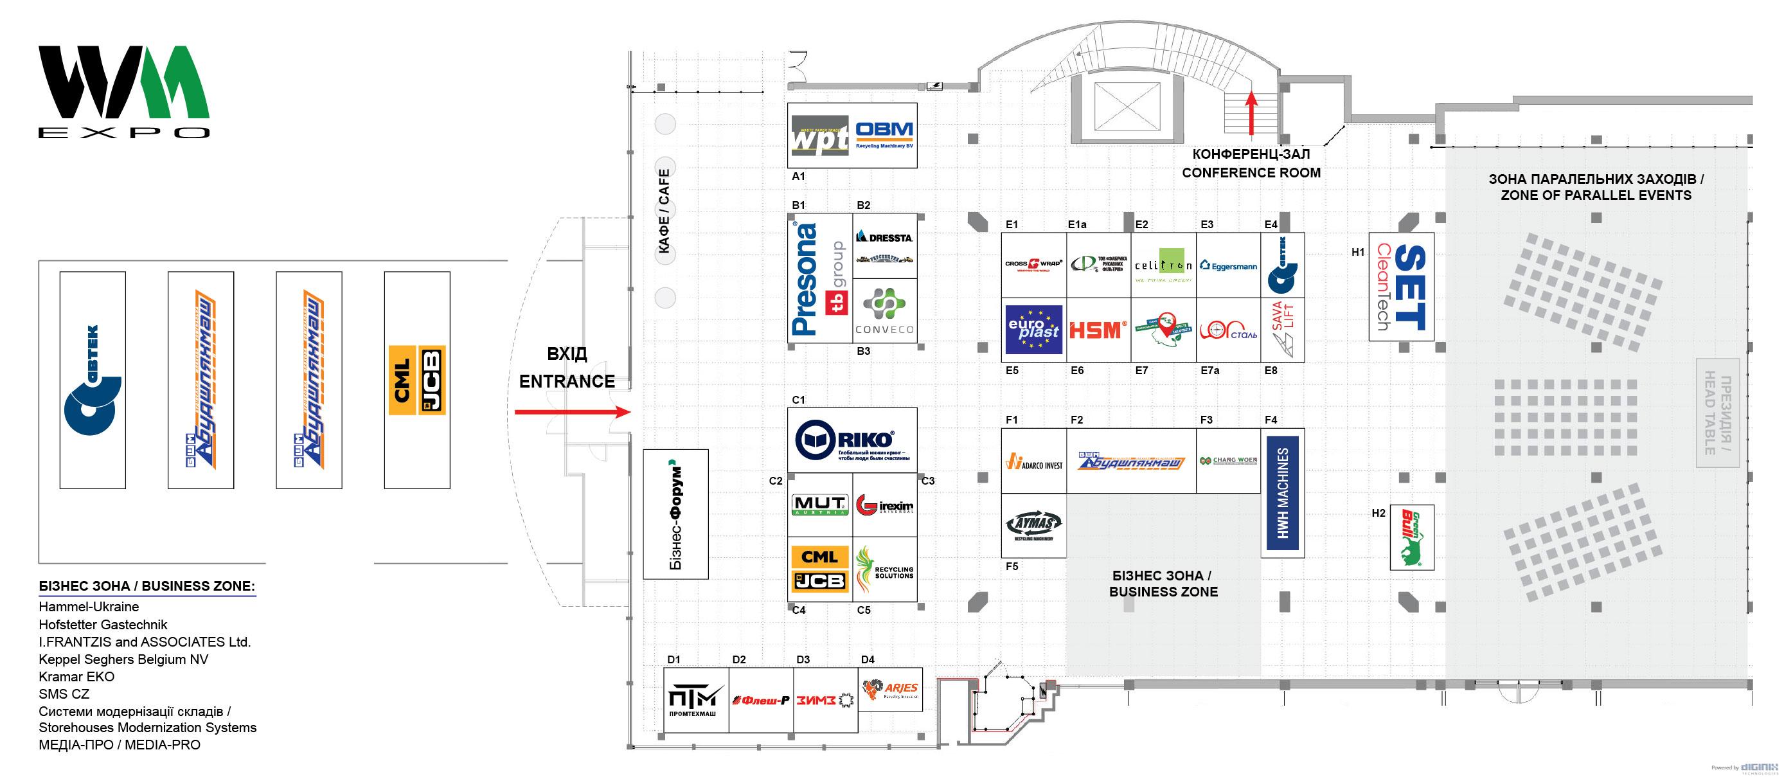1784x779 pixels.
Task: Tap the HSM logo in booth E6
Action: pyautogui.click(x=1098, y=330)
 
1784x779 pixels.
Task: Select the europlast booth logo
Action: pyautogui.click(x=1033, y=330)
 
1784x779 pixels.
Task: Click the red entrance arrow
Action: pyautogui.click(x=572, y=412)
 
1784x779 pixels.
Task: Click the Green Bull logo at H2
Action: pyautogui.click(x=1411, y=537)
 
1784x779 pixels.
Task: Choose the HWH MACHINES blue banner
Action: pyautogui.click(x=1283, y=492)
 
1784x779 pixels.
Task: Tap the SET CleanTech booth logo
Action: pyautogui.click(x=1401, y=287)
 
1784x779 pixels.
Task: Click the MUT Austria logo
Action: pyautogui.click(x=819, y=505)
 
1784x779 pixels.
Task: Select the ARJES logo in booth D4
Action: pyautogui.click(x=891, y=690)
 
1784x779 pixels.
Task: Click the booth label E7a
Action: pyautogui.click(x=1210, y=370)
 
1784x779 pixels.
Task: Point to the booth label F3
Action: pyautogui.click(x=1206, y=420)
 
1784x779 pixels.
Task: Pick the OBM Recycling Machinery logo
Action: pyautogui.click(x=884, y=135)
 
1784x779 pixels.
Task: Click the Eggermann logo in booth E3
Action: pyautogui.click(x=1228, y=265)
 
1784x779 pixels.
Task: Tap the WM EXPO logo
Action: pyautogui.click(x=124, y=91)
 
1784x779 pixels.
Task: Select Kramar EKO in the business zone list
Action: pyautogui.click(x=77, y=677)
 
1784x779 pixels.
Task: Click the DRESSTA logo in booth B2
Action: pyautogui.click(x=884, y=238)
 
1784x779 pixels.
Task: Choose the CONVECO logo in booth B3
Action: pyautogui.click(x=884, y=311)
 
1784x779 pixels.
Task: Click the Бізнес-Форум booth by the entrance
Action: pyautogui.click(x=675, y=514)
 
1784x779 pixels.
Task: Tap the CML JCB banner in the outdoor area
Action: pyautogui.click(x=417, y=379)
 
